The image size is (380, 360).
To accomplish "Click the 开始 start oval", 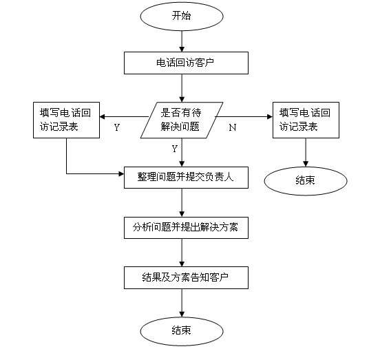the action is coord(182,17).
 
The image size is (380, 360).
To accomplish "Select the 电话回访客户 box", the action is coord(186,63).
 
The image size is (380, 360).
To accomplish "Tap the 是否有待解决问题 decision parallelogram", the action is coord(182,120).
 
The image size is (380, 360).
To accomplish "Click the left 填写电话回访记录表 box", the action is coord(66,120).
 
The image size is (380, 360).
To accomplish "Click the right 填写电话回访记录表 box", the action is coord(306,120).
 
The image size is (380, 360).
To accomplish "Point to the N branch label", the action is coord(233,127).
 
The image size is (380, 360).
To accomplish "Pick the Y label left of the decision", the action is coord(117,127).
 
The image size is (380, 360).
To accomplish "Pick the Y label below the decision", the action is coord(175,149).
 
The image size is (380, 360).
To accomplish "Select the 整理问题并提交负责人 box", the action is coord(186,178).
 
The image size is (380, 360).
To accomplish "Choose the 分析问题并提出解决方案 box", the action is coord(186,228).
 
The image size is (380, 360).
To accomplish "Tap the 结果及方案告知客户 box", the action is coord(186,277).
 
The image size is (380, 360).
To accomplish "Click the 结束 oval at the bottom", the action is coord(182,331).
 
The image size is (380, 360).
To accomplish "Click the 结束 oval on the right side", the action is coord(306,181).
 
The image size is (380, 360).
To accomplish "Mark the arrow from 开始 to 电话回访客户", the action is coord(182,41).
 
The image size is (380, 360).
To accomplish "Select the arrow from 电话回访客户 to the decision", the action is coord(182,88).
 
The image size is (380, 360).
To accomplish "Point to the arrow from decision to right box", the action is coord(244,117).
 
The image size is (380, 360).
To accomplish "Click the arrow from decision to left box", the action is coord(124,117).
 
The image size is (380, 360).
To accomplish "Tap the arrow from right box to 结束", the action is coord(306,152).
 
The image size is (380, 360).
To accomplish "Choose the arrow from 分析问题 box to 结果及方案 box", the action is coord(182,253).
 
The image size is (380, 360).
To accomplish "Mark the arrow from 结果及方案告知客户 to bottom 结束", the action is coord(182,303).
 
